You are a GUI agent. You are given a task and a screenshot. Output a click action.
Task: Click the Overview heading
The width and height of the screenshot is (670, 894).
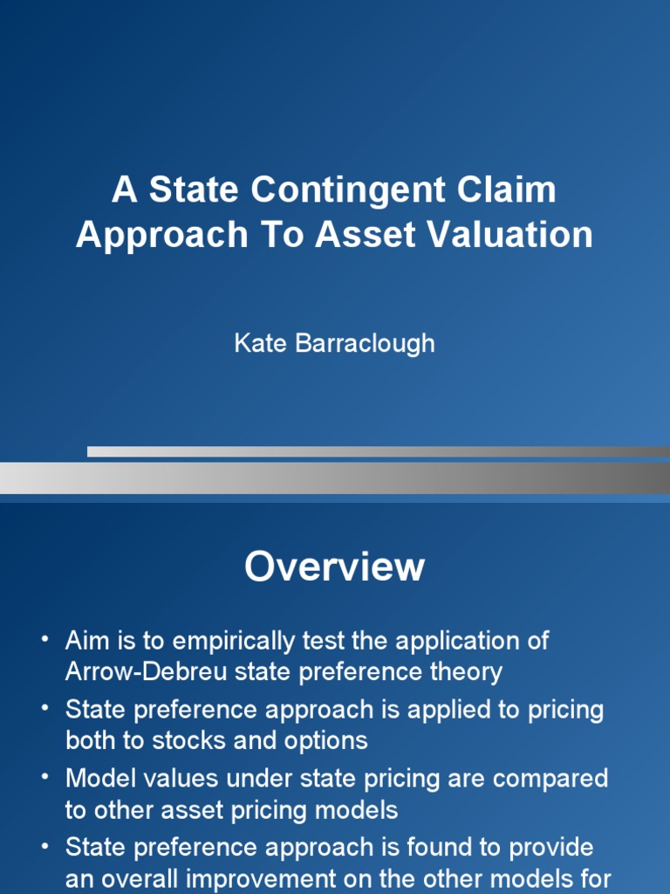334,567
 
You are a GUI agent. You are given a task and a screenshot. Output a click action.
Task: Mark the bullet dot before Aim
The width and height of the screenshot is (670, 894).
44,641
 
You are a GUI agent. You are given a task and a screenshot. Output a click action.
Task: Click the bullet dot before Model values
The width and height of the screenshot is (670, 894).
44,778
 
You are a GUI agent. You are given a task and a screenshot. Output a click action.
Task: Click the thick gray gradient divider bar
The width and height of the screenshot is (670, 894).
334,478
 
